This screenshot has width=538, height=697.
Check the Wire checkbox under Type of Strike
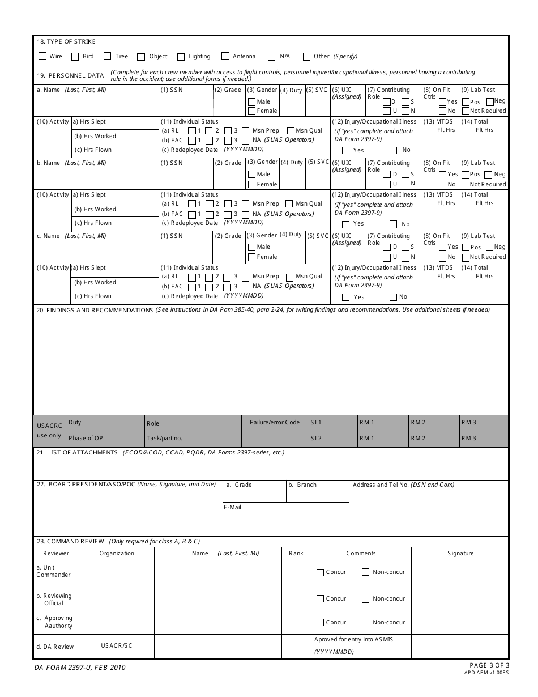click(x=42, y=57)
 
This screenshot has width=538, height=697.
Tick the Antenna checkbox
click(x=225, y=57)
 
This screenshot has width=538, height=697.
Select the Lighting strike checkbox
click(x=181, y=57)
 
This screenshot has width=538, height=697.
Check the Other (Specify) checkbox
click(x=306, y=57)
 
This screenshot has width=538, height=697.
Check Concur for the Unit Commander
click(x=321, y=572)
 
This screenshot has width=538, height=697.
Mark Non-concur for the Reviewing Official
click(x=366, y=599)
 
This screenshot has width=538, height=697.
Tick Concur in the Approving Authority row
click(x=321, y=622)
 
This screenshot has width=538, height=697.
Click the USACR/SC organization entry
click(x=117, y=645)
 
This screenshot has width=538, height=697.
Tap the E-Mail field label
click(x=233, y=507)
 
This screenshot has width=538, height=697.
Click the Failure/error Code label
click(x=275, y=422)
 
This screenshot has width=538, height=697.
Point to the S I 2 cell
click(x=316, y=438)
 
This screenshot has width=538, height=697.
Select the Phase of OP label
click(x=86, y=438)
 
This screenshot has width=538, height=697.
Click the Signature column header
click(x=460, y=553)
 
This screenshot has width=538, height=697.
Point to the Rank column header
click(x=296, y=553)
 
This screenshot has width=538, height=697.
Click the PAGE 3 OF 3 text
click(x=489, y=665)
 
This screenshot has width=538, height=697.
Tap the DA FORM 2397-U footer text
click(x=80, y=668)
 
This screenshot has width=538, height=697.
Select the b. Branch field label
click(x=302, y=484)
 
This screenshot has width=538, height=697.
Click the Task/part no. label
click(x=164, y=438)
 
